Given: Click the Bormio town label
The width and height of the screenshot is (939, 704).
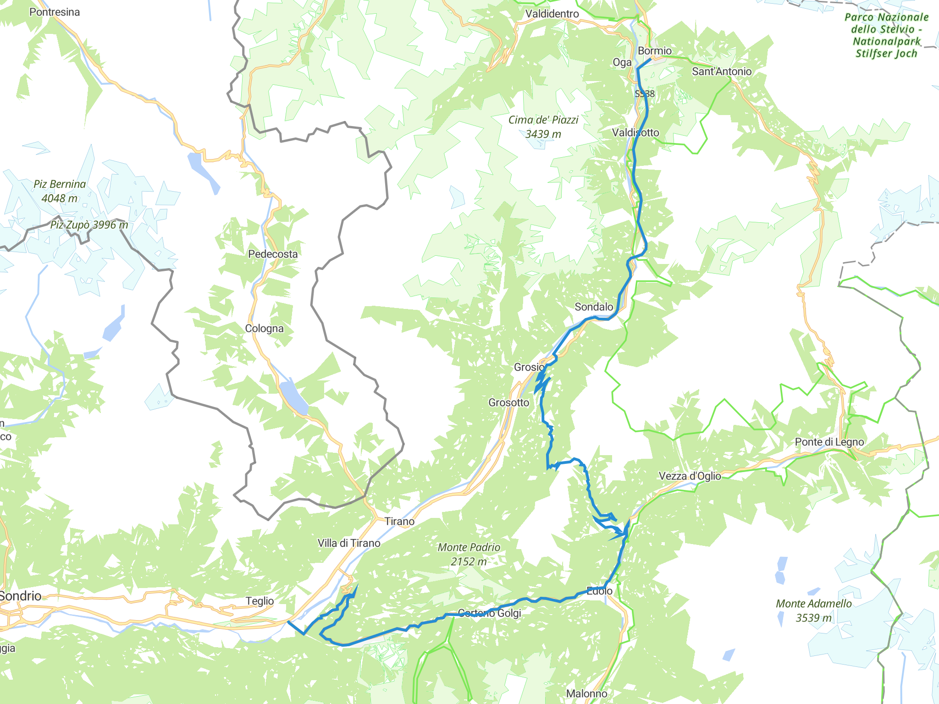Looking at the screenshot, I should click(x=654, y=51).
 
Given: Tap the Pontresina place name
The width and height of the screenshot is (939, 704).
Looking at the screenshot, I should click(x=55, y=12).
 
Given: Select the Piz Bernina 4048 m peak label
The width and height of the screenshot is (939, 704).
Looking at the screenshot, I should click(x=60, y=191).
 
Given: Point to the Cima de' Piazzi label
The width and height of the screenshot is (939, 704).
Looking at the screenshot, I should click(x=543, y=126).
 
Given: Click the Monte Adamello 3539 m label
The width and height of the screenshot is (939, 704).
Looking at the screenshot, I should click(x=813, y=610).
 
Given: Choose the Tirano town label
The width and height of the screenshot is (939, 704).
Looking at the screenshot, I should click(x=399, y=522).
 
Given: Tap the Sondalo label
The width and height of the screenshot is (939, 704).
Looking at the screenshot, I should click(x=594, y=307).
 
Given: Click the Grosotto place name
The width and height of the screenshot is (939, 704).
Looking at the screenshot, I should click(x=508, y=403).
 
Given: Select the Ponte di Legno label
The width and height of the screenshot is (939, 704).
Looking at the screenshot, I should click(x=829, y=442).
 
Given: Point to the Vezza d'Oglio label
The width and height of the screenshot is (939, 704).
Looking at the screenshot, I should click(x=690, y=476).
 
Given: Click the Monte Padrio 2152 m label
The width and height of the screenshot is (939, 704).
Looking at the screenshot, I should click(x=469, y=554).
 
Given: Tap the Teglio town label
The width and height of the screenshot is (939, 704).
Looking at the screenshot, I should click(x=260, y=601).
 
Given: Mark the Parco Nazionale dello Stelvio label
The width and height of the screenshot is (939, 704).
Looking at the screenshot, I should click(x=886, y=35).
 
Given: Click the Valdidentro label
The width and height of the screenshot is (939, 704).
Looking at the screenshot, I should click(x=552, y=14).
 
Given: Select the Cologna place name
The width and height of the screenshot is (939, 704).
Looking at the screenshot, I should click(x=264, y=329).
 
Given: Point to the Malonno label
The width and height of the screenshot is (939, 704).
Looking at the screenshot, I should click(x=586, y=694).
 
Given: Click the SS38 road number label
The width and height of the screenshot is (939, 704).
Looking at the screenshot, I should click(x=645, y=94).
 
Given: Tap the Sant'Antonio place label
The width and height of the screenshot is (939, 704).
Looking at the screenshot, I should click(x=721, y=71).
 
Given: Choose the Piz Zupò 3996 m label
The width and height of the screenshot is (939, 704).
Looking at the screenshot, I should click(x=89, y=225).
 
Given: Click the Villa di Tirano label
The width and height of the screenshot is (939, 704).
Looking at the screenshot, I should click(x=349, y=543).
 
